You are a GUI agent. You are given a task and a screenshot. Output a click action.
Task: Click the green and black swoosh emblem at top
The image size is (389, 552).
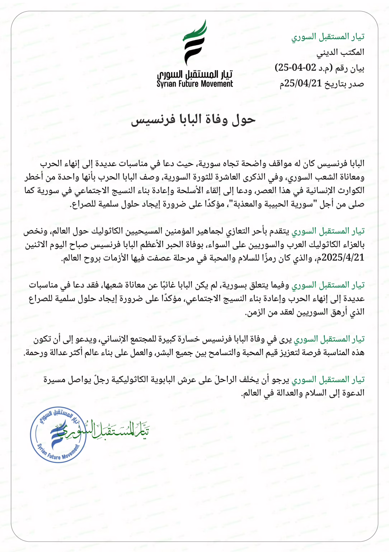click(195, 42)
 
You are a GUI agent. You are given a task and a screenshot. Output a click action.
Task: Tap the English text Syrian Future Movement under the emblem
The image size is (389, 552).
click(195, 84)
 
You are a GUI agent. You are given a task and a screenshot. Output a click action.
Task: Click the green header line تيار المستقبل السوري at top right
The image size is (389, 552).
click(328, 37)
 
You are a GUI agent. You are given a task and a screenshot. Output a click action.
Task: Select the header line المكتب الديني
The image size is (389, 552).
click(340, 52)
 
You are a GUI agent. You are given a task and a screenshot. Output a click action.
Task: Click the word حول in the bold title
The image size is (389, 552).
click(244, 120)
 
